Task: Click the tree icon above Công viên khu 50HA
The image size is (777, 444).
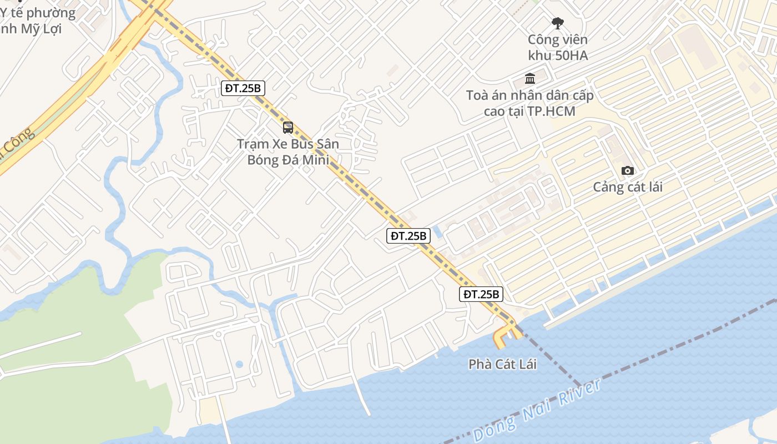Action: (558, 23)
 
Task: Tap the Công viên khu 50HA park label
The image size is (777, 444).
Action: (557, 47)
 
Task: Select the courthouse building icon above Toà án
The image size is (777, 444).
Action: (529, 78)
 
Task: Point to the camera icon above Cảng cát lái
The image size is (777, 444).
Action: (628, 170)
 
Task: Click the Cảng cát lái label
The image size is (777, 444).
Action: (628, 186)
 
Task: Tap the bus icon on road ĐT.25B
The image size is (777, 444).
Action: (288, 128)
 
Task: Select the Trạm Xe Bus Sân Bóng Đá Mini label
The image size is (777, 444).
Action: (288, 152)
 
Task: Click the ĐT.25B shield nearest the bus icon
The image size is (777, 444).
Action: (243, 88)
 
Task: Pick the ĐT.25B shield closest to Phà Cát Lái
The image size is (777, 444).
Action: (481, 294)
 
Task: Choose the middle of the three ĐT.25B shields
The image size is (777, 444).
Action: (408, 235)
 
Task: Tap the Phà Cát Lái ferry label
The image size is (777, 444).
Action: (503, 365)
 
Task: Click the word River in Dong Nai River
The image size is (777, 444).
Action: (579, 393)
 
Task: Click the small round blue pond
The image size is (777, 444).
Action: (239, 365)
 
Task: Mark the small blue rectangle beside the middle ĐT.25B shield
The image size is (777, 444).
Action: (437, 232)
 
